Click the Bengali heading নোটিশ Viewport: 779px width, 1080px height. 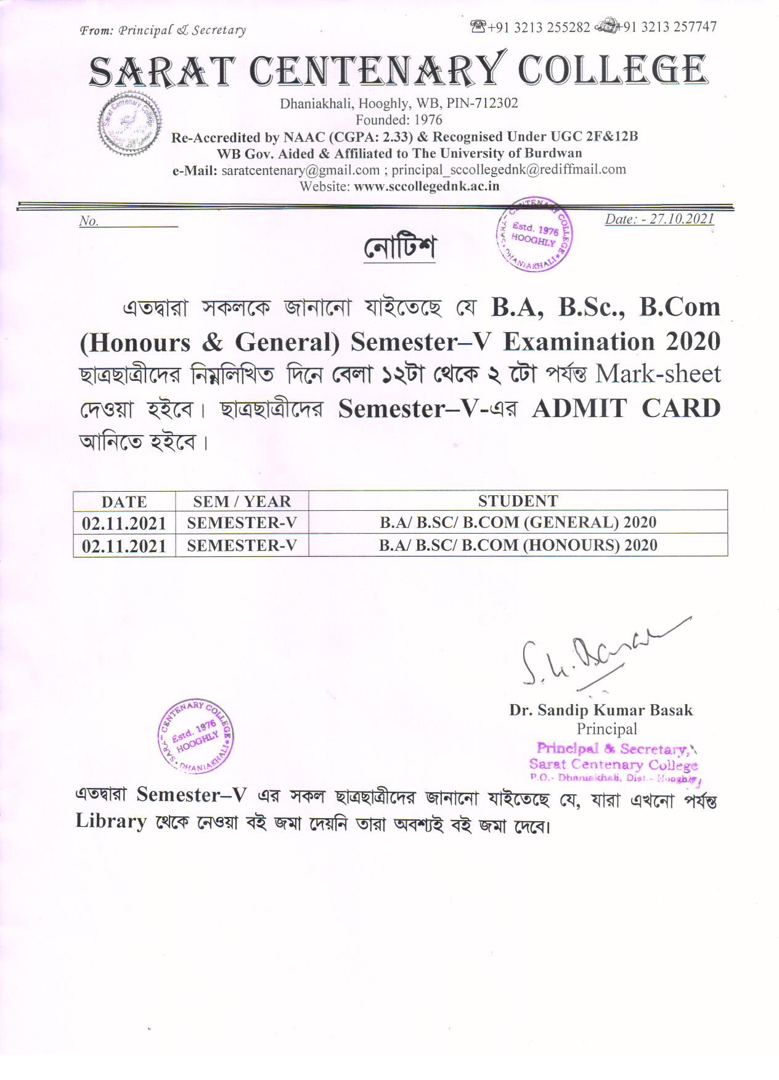click(x=399, y=248)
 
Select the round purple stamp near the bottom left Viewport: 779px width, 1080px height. click(x=195, y=736)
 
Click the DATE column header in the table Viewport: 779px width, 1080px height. click(x=124, y=501)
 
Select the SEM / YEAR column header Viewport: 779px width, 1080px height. click(x=242, y=501)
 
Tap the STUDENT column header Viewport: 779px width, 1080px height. click(x=518, y=501)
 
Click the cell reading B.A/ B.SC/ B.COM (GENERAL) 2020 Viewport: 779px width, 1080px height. click(x=518, y=522)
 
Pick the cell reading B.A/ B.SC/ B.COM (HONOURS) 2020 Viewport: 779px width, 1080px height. click(x=518, y=545)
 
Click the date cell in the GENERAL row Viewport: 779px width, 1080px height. click(x=124, y=524)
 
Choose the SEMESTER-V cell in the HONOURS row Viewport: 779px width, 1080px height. click(x=242, y=545)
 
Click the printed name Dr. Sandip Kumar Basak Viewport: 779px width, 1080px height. click(x=601, y=710)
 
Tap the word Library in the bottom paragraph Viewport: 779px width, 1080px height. click(x=111, y=822)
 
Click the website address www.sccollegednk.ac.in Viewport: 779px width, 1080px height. click(x=426, y=186)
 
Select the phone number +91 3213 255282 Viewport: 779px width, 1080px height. click(x=538, y=27)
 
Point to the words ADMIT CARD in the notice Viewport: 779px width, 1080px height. click(x=626, y=408)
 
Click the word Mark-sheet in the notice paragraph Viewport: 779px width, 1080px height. click(x=658, y=374)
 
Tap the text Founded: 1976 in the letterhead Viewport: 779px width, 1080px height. click(x=399, y=120)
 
